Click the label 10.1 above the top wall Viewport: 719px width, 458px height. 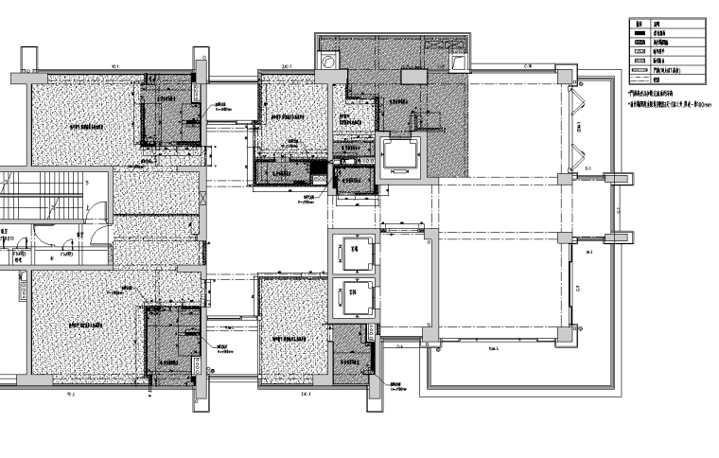click(x=114, y=66)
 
